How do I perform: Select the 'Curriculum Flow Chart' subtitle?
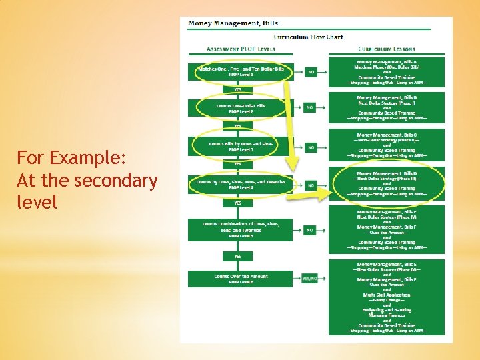(x=308, y=37)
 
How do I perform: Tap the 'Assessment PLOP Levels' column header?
(x=241, y=49)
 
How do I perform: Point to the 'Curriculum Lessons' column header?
(x=386, y=49)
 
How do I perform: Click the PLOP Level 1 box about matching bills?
(x=241, y=71)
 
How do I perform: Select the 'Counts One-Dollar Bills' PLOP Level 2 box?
(x=241, y=108)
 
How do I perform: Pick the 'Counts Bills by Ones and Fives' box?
(x=241, y=146)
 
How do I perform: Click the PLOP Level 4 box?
(x=241, y=184)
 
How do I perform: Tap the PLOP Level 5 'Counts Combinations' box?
(x=241, y=229)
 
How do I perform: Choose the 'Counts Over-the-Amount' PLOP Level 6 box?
(x=241, y=278)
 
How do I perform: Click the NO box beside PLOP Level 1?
(x=311, y=72)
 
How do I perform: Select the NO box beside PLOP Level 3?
(x=311, y=147)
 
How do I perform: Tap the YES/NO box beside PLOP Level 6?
(x=311, y=278)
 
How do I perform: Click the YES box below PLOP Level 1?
(x=237, y=89)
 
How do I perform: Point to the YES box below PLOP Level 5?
(x=237, y=256)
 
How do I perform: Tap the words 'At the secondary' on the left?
(x=87, y=181)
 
